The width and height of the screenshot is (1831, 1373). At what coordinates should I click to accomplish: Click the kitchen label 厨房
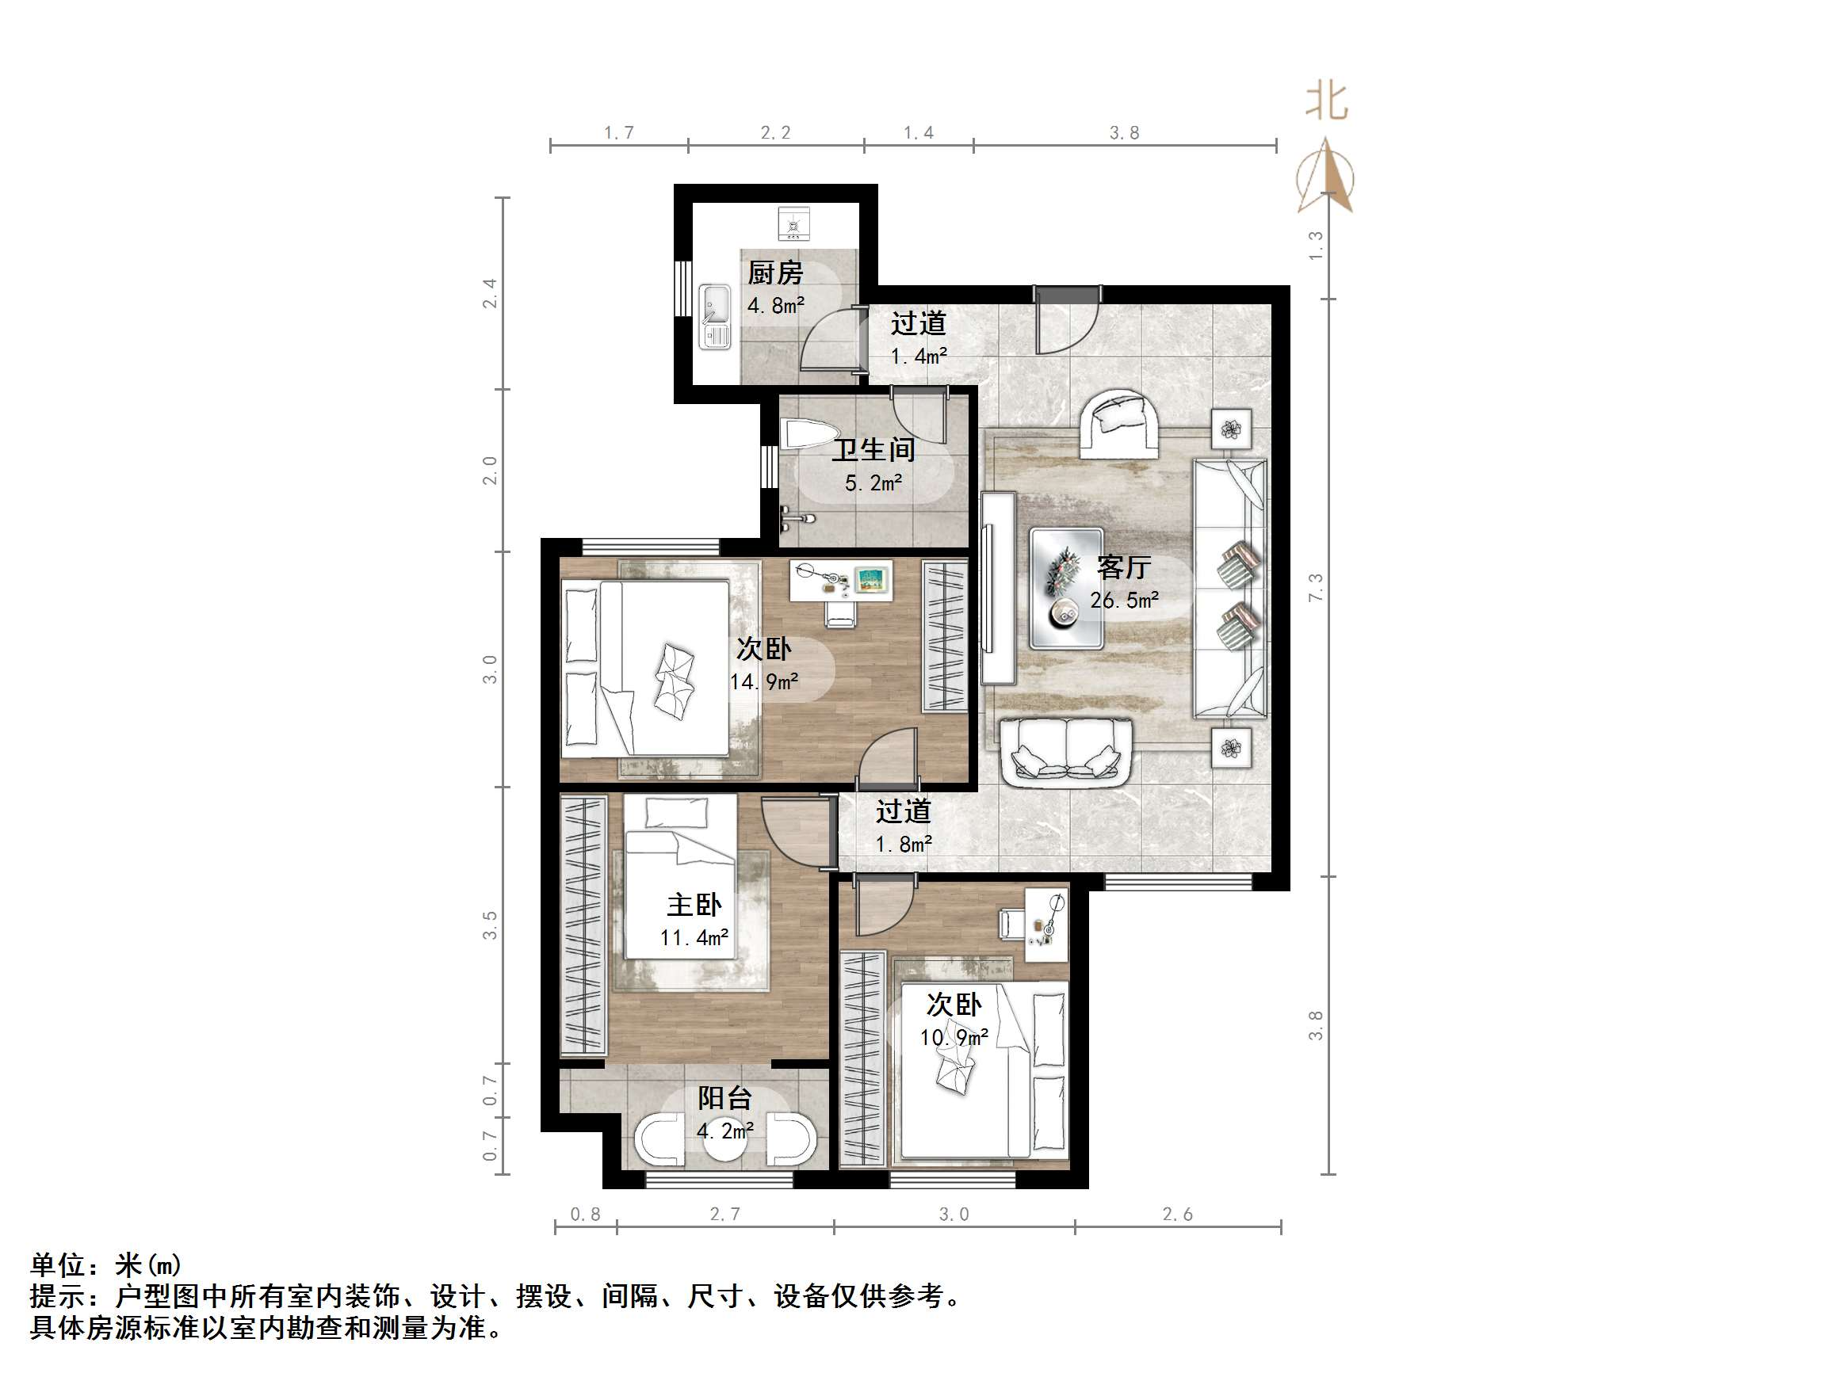tap(774, 273)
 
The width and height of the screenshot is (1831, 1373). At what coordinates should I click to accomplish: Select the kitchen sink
tap(714, 316)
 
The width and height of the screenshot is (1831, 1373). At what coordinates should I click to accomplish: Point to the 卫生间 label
tap(873, 450)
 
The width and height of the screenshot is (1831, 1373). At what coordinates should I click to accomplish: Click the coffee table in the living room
tap(1065, 589)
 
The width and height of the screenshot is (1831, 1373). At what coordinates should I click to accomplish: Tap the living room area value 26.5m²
tap(1123, 600)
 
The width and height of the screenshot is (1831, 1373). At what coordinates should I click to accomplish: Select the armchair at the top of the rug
tap(1118, 423)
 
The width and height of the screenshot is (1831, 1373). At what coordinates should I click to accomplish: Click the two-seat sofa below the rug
tap(1066, 752)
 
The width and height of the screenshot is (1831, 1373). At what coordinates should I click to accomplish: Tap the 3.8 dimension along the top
tap(1124, 132)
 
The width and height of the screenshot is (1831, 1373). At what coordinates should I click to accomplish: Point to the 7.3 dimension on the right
tap(1315, 587)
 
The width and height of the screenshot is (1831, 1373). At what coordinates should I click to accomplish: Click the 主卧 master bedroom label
tap(694, 905)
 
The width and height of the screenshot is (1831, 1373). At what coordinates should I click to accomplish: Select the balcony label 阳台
tap(724, 1098)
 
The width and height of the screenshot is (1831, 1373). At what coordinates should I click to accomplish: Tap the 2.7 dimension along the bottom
tap(724, 1214)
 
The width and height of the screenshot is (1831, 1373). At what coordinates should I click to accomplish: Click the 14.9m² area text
tap(763, 682)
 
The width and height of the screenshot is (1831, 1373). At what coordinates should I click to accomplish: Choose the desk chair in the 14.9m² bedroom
tap(840, 614)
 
